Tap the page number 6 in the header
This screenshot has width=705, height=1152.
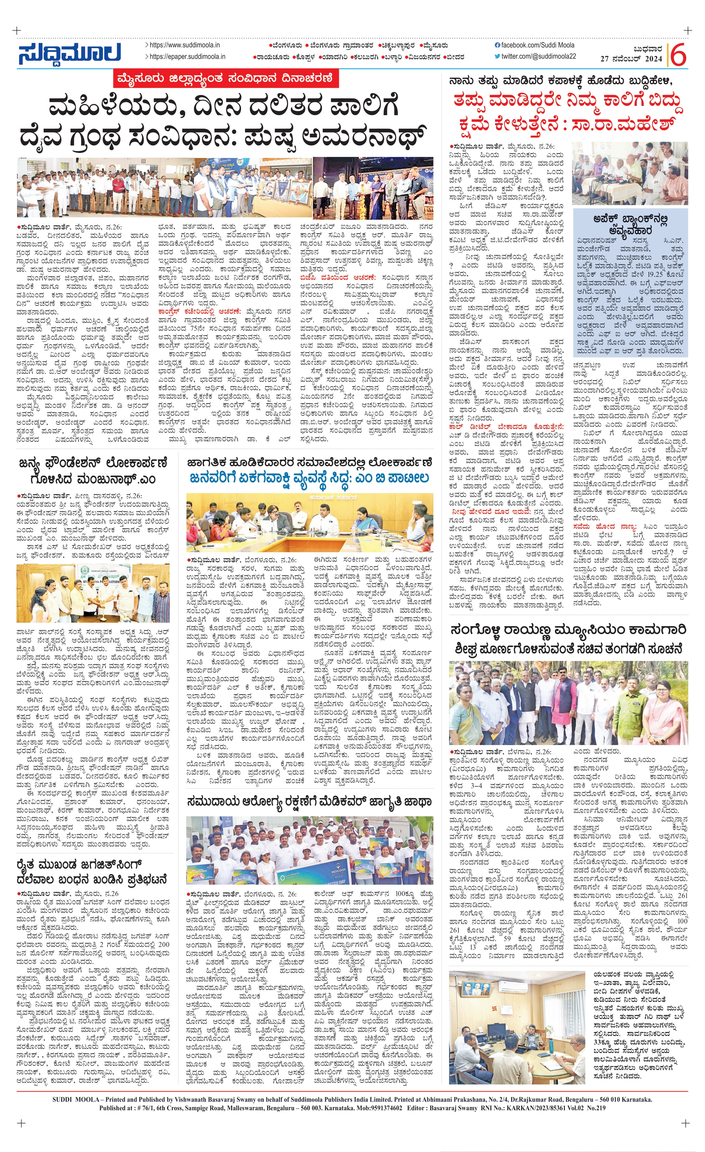678,55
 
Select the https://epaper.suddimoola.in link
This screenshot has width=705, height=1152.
187,57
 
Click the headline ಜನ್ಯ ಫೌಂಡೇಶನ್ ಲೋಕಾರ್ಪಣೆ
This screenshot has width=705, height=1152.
93,471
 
